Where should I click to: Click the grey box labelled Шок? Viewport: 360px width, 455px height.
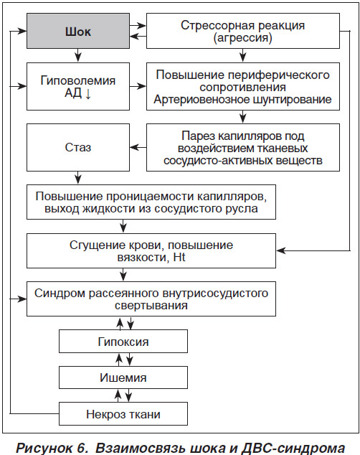pos(78,31)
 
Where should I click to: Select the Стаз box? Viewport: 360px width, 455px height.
pos(78,147)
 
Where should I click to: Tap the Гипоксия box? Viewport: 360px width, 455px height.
pos(123,342)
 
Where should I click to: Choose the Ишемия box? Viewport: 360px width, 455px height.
pos(123,377)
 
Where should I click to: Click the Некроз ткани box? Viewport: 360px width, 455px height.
pos(123,414)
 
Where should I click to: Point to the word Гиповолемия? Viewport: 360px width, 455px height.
pos(78,80)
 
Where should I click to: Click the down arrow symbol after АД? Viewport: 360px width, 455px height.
pos(88,93)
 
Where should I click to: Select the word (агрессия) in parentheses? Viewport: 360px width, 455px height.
pos(243,38)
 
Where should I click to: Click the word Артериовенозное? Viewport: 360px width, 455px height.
pos(202,100)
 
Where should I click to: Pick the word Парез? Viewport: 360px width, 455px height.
pos(198,136)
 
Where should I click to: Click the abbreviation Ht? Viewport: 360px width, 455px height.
pos(179,258)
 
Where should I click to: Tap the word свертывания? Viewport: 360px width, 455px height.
pos(151,306)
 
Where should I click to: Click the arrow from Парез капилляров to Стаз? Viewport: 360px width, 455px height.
pos(138,148)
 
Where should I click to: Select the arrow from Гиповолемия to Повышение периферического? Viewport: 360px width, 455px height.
pos(138,86)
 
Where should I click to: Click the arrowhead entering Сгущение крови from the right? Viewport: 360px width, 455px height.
pos(281,250)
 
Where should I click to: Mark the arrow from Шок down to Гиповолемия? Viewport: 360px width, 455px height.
pos(77,55)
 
